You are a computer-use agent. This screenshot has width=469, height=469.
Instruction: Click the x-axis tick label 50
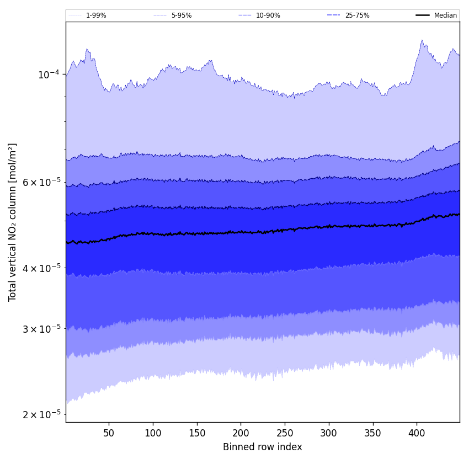pos(109,433)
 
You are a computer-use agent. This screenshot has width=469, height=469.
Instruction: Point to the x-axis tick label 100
pos(153,433)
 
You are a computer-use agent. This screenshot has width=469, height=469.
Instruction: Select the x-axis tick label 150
pos(197,433)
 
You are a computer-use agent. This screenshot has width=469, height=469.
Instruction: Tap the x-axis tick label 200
pos(241,433)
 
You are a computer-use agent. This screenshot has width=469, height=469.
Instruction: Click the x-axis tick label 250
pos(285,433)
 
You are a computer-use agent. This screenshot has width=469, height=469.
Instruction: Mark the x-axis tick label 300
pos(329,433)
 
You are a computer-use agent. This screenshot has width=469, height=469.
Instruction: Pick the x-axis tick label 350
pos(373,433)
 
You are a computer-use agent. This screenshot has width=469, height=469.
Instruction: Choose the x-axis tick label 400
pos(417,433)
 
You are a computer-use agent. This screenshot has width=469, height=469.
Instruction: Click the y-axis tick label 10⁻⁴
pos(49,74)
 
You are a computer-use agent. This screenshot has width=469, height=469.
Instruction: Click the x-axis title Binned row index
pos(263,447)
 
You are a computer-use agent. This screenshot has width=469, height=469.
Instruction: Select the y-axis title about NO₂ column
pos(13,222)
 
